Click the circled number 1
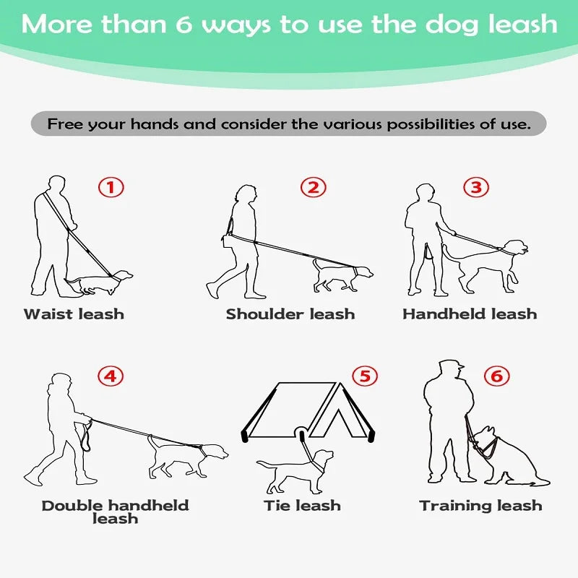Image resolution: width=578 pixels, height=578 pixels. (111, 188)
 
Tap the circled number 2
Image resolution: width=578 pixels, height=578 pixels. (313, 188)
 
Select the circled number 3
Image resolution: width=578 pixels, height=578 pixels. (475, 188)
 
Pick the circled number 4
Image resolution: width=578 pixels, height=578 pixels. (111, 376)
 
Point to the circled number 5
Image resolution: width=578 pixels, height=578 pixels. (365, 376)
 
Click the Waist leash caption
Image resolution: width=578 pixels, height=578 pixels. (74, 314)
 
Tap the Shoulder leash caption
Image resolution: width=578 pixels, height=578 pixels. (290, 314)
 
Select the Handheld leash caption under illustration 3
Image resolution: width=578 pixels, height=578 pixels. (470, 314)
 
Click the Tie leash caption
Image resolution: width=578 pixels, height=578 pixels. (302, 506)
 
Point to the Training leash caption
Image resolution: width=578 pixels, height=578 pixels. (480, 506)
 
